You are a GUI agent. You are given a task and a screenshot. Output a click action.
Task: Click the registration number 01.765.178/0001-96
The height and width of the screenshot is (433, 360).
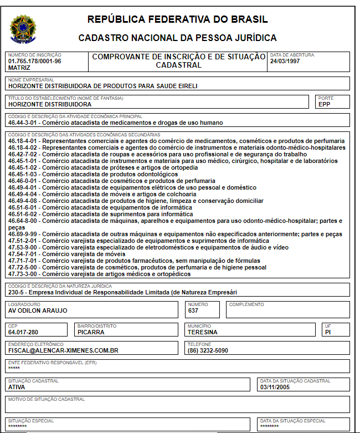tap(34, 61)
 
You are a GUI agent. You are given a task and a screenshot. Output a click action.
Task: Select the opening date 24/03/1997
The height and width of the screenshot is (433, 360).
tap(285, 61)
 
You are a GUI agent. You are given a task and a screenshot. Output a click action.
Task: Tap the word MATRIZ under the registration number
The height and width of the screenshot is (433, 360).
tap(19, 68)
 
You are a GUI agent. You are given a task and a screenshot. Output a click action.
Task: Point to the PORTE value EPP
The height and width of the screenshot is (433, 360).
tap(325, 104)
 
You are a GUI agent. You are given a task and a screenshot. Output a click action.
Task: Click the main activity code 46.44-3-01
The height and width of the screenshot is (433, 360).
tap(24, 123)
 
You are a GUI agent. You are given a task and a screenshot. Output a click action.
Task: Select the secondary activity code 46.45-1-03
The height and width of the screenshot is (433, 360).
tap(24, 174)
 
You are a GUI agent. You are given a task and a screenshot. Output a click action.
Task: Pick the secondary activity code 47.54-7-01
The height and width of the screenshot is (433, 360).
tap(24, 254)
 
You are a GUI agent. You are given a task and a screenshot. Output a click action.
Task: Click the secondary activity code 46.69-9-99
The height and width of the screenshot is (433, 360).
tap(24, 234)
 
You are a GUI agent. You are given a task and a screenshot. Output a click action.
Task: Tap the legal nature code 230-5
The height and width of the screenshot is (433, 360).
tap(17, 292)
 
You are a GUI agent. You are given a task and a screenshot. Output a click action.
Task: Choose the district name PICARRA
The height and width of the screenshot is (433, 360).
tap(90, 332)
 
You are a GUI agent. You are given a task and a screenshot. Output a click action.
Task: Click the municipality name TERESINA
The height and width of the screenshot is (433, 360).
tap(202, 332)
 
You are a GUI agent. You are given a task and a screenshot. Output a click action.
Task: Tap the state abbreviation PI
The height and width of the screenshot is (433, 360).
tap(329, 332)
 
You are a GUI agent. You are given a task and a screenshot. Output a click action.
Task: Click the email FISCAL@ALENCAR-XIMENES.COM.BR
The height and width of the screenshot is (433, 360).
tap(63, 350)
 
